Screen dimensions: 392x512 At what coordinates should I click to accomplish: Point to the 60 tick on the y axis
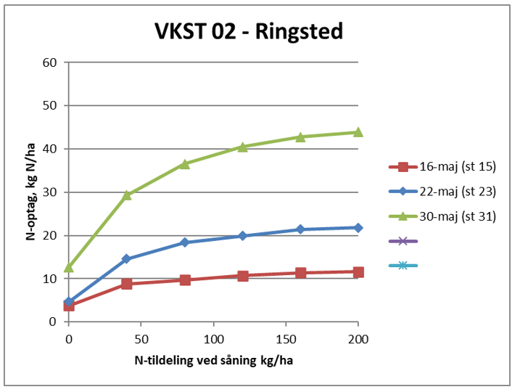pyautogui.click(x=50, y=62)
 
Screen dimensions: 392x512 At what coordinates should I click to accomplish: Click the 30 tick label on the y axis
pyautogui.click(x=50, y=192)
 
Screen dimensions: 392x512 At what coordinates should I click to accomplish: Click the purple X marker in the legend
pyautogui.click(x=403, y=241)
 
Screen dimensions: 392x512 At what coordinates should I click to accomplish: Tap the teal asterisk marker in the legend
pyautogui.click(x=403, y=266)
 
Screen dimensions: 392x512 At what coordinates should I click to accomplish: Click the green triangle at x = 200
pyautogui.click(x=358, y=132)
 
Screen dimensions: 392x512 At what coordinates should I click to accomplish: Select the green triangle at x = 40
pyautogui.click(x=127, y=195)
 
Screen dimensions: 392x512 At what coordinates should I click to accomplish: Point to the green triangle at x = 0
pyautogui.click(x=69, y=267)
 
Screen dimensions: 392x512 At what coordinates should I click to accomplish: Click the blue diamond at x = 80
pyautogui.click(x=185, y=242)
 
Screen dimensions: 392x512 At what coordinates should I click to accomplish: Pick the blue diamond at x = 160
pyautogui.click(x=300, y=229)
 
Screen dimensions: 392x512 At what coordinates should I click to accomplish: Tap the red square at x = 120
pyautogui.click(x=242, y=276)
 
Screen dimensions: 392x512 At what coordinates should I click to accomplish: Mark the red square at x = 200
pyautogui.click(x=358, y=272)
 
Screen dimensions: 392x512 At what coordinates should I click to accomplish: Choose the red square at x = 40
pyautogui.click(x=127, y=284)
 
